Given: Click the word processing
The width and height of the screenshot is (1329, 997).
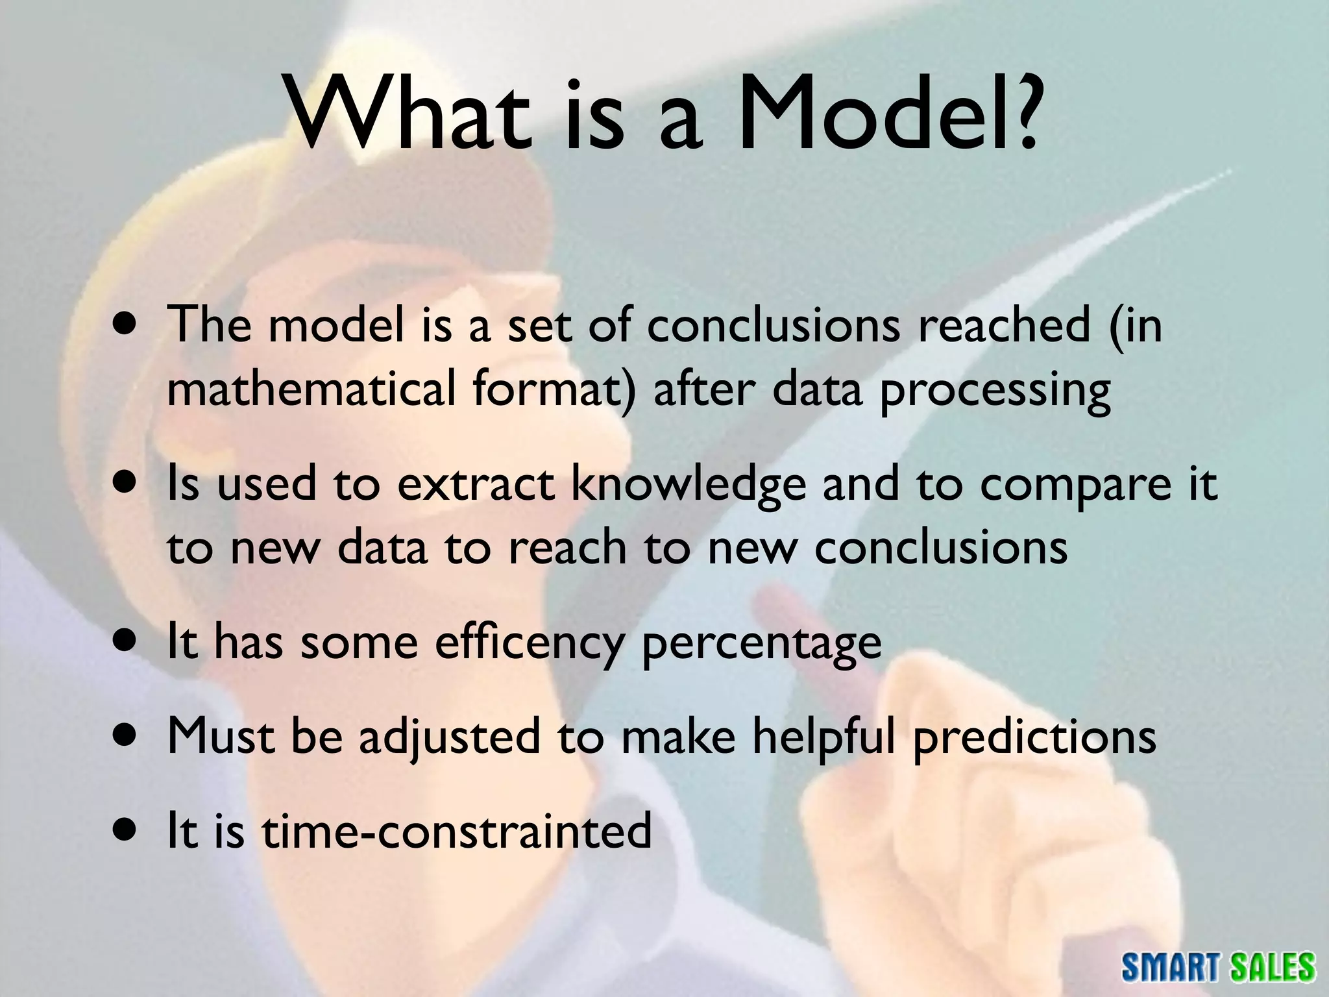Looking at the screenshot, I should coord(995,392).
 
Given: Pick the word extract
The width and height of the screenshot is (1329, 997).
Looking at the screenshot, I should coord(476,486).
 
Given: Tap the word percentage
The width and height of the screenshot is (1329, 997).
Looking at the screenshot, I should coord(761,645).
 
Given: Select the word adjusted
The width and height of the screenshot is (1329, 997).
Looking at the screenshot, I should coord(449,737).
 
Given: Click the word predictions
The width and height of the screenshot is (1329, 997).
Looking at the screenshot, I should coord(1034,737).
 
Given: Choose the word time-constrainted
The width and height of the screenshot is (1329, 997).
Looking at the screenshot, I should coord(456,831).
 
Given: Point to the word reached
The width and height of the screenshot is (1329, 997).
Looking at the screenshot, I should coord(1003,326).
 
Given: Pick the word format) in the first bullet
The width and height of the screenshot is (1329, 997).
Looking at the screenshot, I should coord(554,391).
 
